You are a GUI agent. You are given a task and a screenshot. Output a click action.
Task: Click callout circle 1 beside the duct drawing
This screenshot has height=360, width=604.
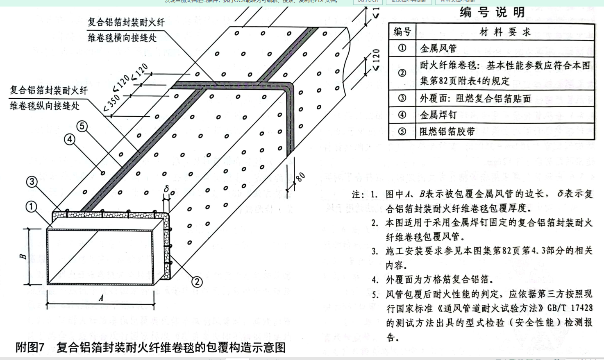pos(32,207)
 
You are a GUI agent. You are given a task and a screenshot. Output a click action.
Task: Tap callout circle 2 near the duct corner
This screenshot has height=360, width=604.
pos(197,282)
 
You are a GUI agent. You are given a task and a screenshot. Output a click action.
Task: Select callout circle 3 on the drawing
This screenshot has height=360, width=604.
pos(32,181)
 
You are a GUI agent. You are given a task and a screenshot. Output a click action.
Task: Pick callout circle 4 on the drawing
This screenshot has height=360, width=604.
pos(70,140)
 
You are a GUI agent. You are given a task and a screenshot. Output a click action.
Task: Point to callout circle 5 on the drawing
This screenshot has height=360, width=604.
pos(82,126)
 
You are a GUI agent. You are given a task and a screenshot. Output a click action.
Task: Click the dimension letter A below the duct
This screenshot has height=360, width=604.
pos(101,299)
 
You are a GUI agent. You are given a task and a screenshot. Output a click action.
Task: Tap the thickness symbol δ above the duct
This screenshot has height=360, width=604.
pos(166,189)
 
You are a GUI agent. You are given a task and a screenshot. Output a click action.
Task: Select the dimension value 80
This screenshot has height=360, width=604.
pos(300,177)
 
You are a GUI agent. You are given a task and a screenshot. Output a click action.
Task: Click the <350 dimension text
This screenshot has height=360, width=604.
pos(111,103)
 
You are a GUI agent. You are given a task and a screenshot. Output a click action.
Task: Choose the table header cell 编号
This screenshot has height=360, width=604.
pos(402,32)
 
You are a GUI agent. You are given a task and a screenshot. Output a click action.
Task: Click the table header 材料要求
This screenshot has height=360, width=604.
pos(505,32)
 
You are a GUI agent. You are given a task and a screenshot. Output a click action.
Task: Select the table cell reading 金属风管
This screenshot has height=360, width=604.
pos(438,48)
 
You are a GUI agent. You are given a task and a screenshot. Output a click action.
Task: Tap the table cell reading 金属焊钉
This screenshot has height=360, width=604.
pos(438,115)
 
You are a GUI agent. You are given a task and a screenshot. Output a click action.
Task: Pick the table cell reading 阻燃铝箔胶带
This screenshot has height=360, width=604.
pos(447,132)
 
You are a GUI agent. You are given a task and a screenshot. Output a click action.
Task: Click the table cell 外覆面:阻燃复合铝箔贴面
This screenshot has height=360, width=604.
pos(475,98)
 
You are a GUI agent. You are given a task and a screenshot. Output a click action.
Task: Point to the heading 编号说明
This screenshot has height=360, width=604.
pos(492,12)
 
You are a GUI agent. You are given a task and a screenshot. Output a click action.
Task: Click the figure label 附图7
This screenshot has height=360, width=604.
pos(30,347)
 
